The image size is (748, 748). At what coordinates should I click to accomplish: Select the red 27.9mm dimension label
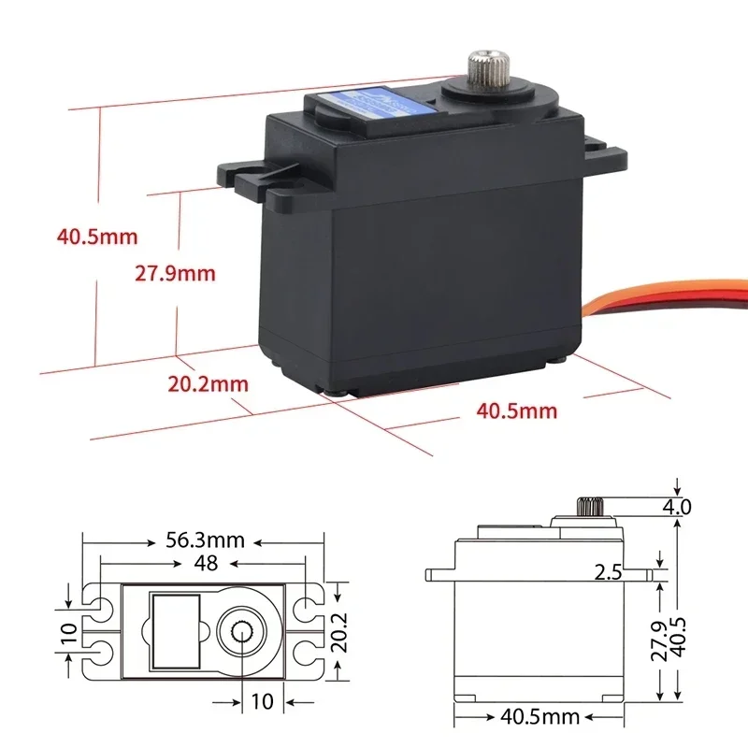pos(175,274)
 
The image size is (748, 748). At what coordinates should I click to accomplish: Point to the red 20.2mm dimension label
pos(208,383)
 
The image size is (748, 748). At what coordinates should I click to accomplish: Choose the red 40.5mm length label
pos(516,410)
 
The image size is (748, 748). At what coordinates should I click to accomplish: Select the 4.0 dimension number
pos(677,507)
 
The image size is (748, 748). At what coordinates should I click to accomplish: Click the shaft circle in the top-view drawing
pos(245,632)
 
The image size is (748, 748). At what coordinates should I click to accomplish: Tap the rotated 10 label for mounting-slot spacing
pos(68,632)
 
